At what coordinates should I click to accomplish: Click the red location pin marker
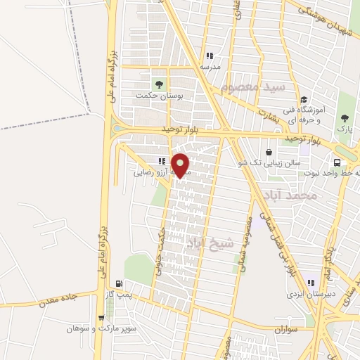pyautogui.click(x=181, y=165)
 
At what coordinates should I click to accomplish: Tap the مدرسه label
pyautogui.click(x=210, y=66)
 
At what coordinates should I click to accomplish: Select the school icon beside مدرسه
pyautogui.click(x=210, y=56)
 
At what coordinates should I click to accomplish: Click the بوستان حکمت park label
pyautogui.click(x=160, y=95)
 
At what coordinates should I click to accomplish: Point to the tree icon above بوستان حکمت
pyautogui.click(x=160, y=84)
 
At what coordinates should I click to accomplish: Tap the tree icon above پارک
pyautogui.click(x=345, y=118)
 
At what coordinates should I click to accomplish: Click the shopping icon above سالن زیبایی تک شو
pyautogui.click(x=269, y=151)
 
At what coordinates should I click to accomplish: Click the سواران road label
pyautogui.click(x=286, y=328)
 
